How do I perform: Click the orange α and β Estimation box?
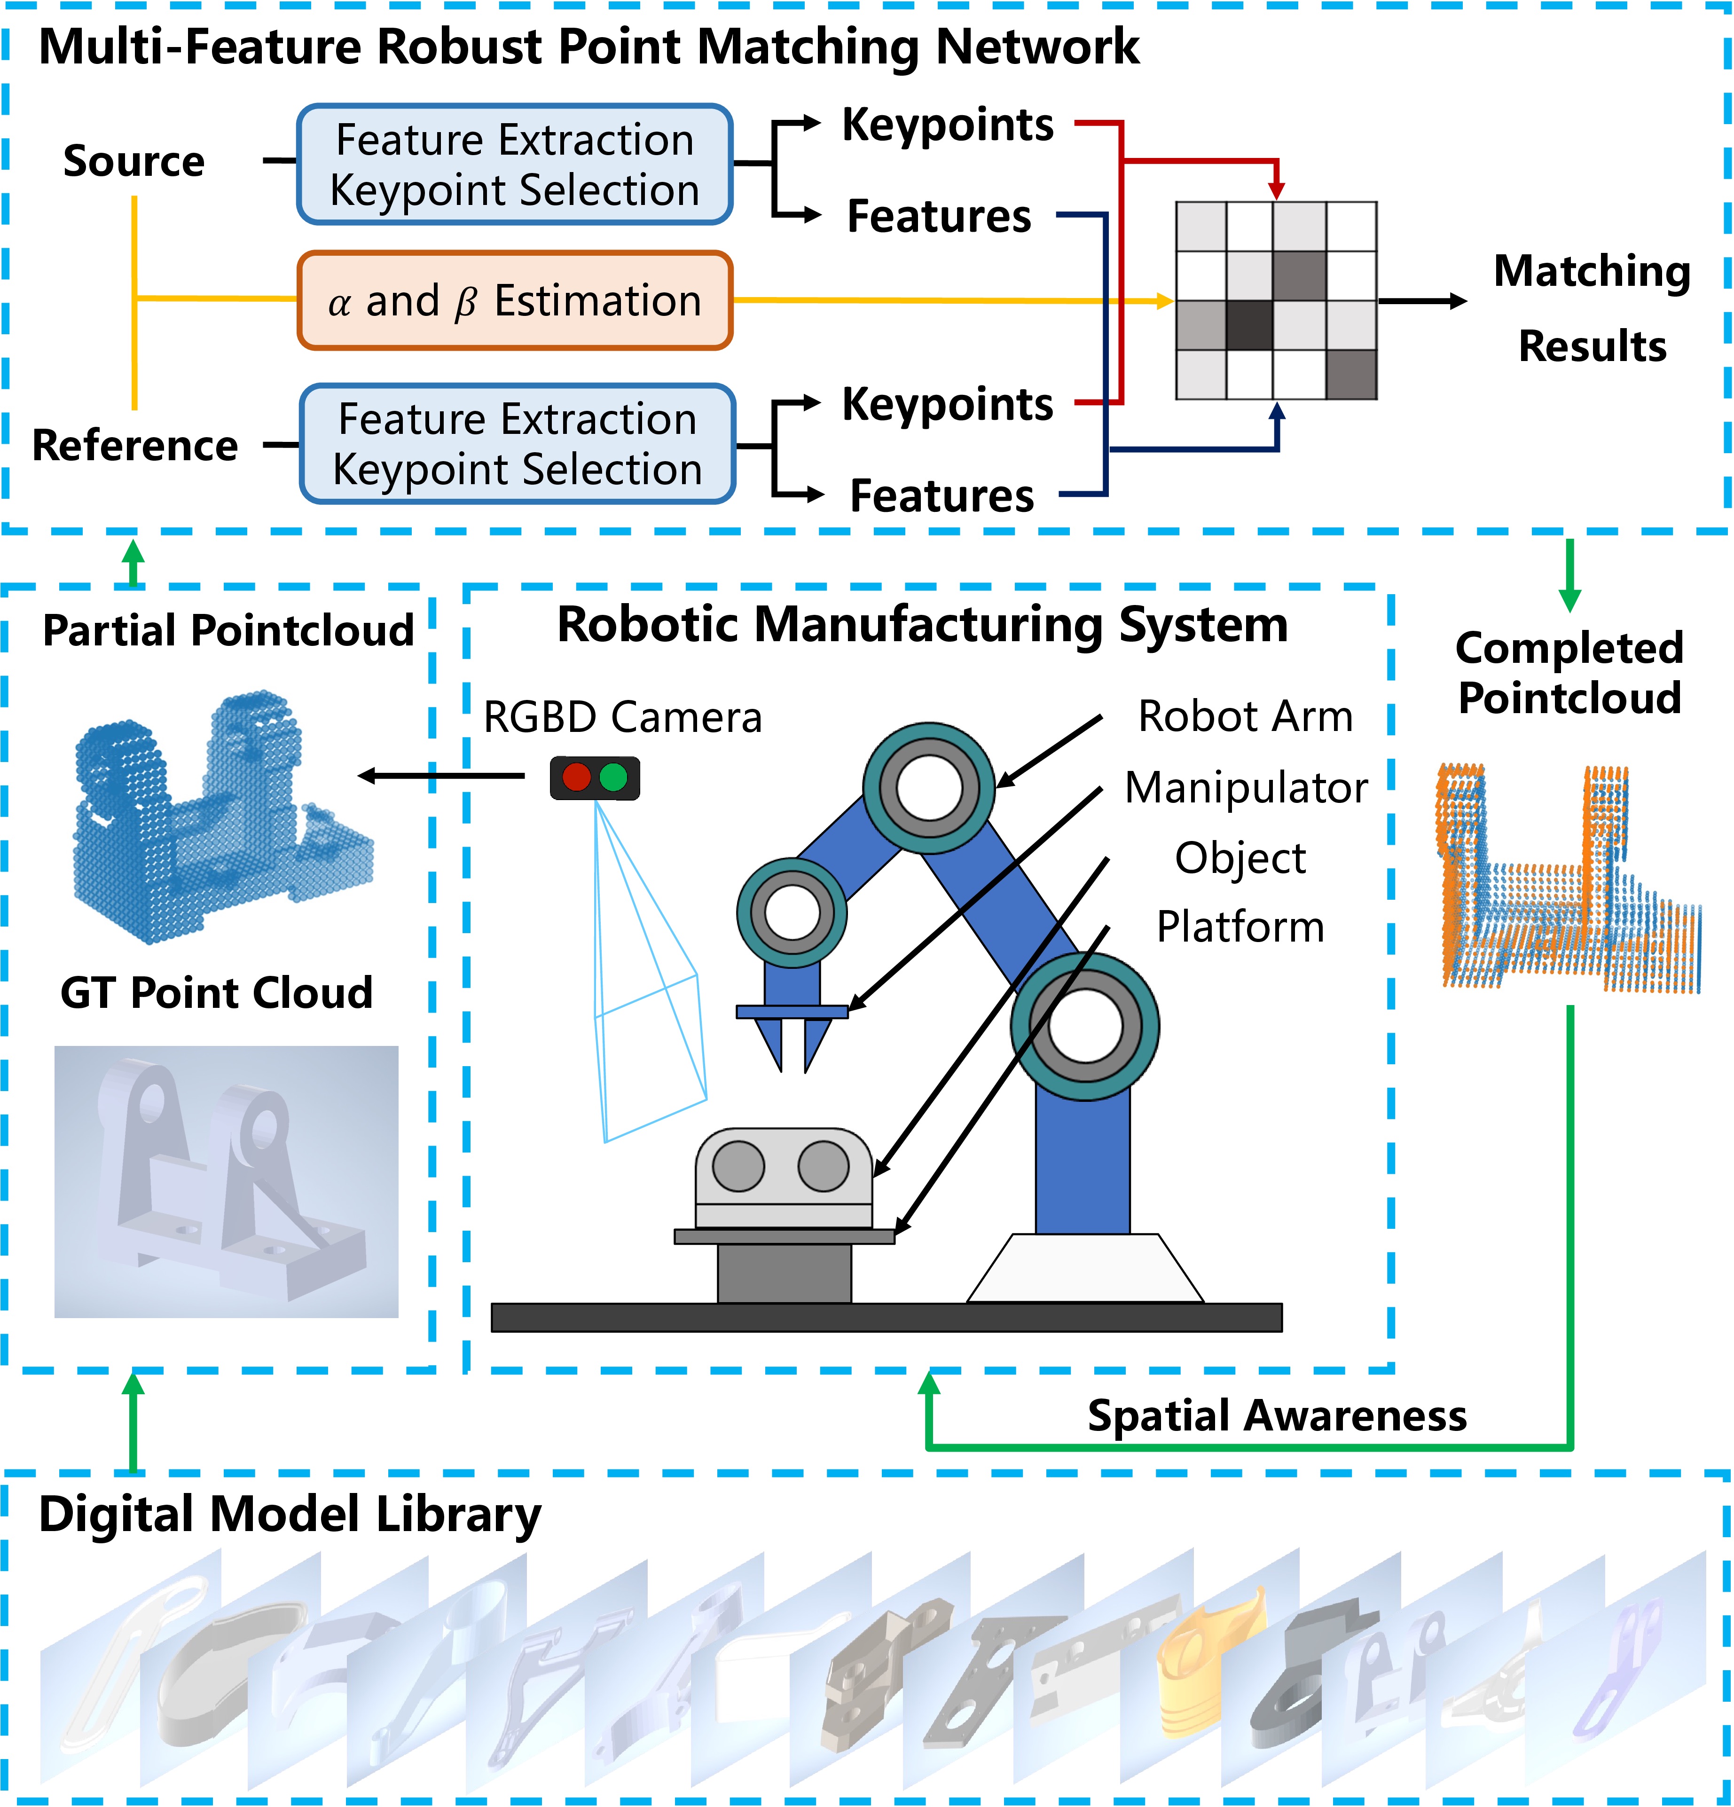pos(514,300)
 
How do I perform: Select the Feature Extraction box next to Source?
pos(514,164)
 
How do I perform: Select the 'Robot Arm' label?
pos(1245,716)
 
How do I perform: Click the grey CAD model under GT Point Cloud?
pos(226,1180)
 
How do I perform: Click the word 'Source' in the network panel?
pos(133,161)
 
